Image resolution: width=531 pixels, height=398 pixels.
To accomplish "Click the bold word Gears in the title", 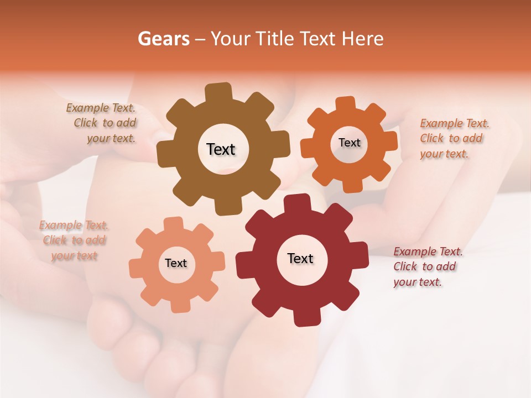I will (x=163, y=39).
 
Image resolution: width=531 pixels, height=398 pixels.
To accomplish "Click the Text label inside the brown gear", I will (x=221, y=149).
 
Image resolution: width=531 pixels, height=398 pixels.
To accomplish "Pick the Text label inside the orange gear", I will (x=349, y=143).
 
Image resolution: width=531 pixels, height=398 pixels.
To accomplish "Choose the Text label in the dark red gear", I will (x=300, y=259).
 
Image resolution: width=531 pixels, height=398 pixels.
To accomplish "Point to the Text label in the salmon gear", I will (x=176, y=264).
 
